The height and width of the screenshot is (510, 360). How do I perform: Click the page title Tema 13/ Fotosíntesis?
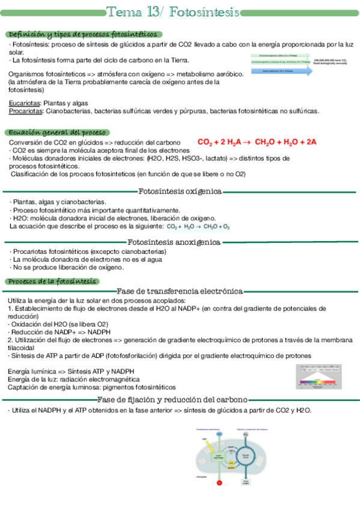[x=173, y=13]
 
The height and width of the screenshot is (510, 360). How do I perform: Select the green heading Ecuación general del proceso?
[x=56, y=132]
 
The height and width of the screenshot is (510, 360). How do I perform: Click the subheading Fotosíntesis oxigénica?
[x=180, y=192]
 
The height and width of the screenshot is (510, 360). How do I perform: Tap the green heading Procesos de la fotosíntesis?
[x=50, y=281]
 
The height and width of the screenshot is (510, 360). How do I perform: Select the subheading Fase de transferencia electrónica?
[x=180, y=291]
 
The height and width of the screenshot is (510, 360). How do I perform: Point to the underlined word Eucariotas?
[x=25, y=103]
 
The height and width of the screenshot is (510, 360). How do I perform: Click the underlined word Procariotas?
[x=26, y=111]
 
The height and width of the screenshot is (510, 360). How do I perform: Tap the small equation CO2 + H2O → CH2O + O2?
[x=198, y=227]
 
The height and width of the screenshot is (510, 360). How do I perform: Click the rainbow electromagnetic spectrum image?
[x=321, y=377]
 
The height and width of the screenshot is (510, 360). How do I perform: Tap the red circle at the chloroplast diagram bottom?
[x=220, y=482]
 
